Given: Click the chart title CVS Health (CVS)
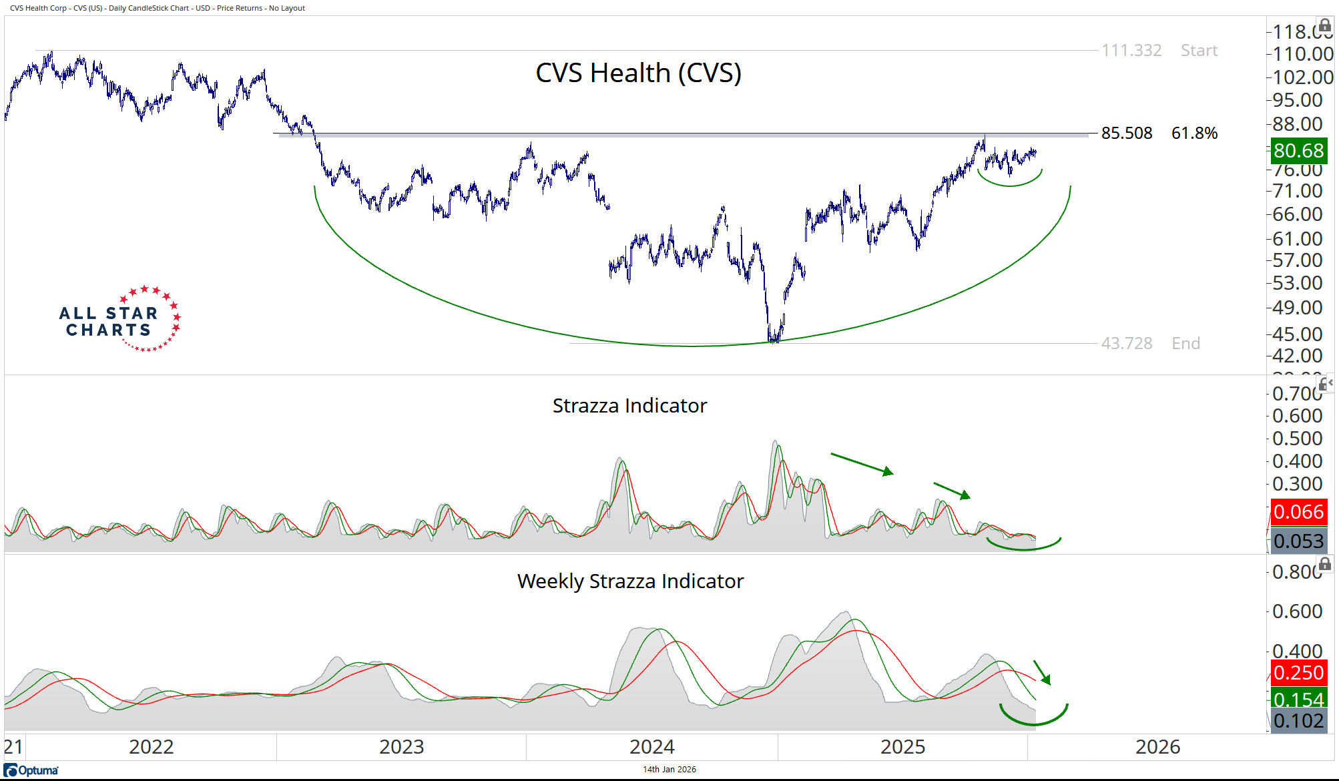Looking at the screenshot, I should point(638,73).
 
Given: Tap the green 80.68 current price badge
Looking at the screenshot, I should point(1298,151).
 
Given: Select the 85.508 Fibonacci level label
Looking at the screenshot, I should point(1126,134).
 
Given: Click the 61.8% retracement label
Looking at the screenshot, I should point(1194,134).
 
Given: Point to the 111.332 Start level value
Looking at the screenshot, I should point(1131,51).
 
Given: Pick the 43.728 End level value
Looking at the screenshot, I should point(1126,344).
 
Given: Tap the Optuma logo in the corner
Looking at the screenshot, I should point(31,770).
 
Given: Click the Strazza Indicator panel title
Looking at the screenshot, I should point(629,406).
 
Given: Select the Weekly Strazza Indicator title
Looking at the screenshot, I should point(630,581).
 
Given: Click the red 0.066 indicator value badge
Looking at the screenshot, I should point(1298,512).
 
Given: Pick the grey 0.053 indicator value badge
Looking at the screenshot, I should point(1298,541).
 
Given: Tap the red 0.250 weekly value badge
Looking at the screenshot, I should point(1298,672).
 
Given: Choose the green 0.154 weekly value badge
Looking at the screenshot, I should point(1298,699).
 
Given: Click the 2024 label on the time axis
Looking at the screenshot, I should point(651,747).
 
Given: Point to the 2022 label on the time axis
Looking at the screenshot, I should point(151,747).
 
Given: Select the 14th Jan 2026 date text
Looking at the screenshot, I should point(669,770).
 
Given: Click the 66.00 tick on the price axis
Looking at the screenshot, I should point(1297,214).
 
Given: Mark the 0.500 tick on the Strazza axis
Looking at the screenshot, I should point(1297,439).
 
